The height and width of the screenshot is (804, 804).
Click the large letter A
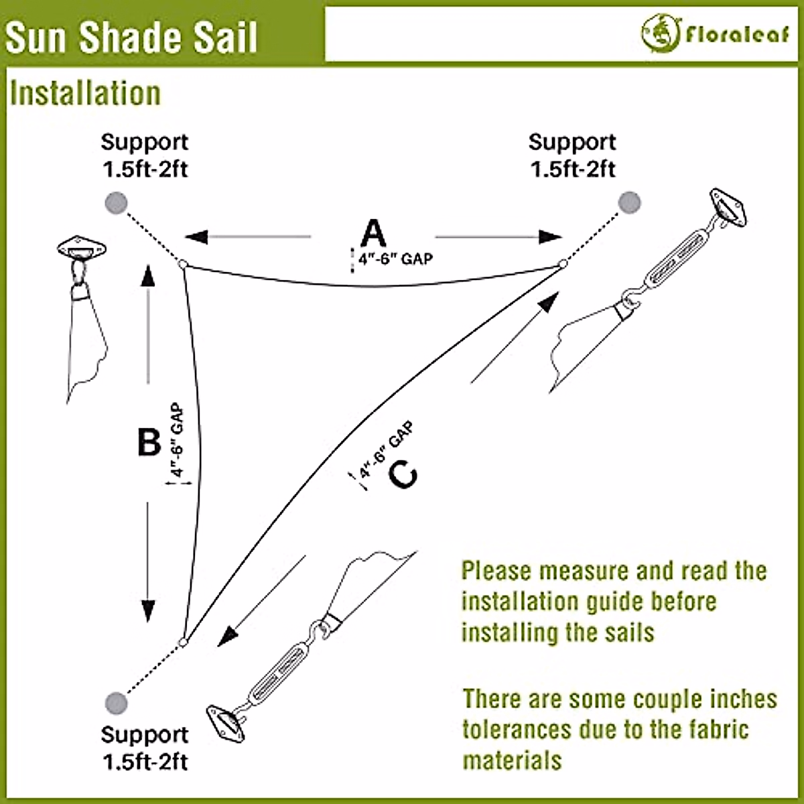coord(373,234)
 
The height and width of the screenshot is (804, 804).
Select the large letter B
coord(149,442)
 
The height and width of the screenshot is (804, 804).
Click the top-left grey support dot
coord(116,202)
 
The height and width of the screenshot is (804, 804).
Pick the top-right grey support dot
coord(629,202)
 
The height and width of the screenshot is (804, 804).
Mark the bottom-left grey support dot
coord(116,702)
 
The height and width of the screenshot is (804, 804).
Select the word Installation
coord(86,93)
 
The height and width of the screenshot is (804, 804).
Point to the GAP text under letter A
coord(417,258)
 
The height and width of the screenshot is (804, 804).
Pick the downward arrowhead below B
coord(148,611)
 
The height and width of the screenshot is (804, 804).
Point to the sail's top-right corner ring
coord(563,264)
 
